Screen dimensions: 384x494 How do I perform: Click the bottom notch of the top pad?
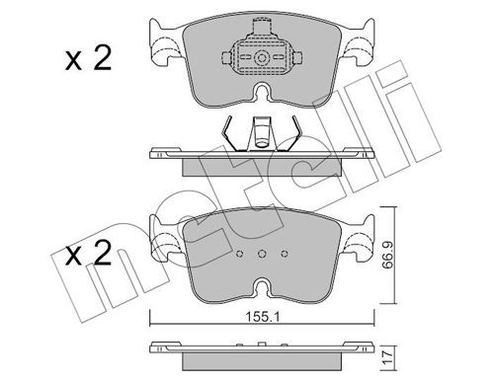(262, 97)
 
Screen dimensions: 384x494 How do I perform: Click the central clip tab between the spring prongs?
(262, 131)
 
